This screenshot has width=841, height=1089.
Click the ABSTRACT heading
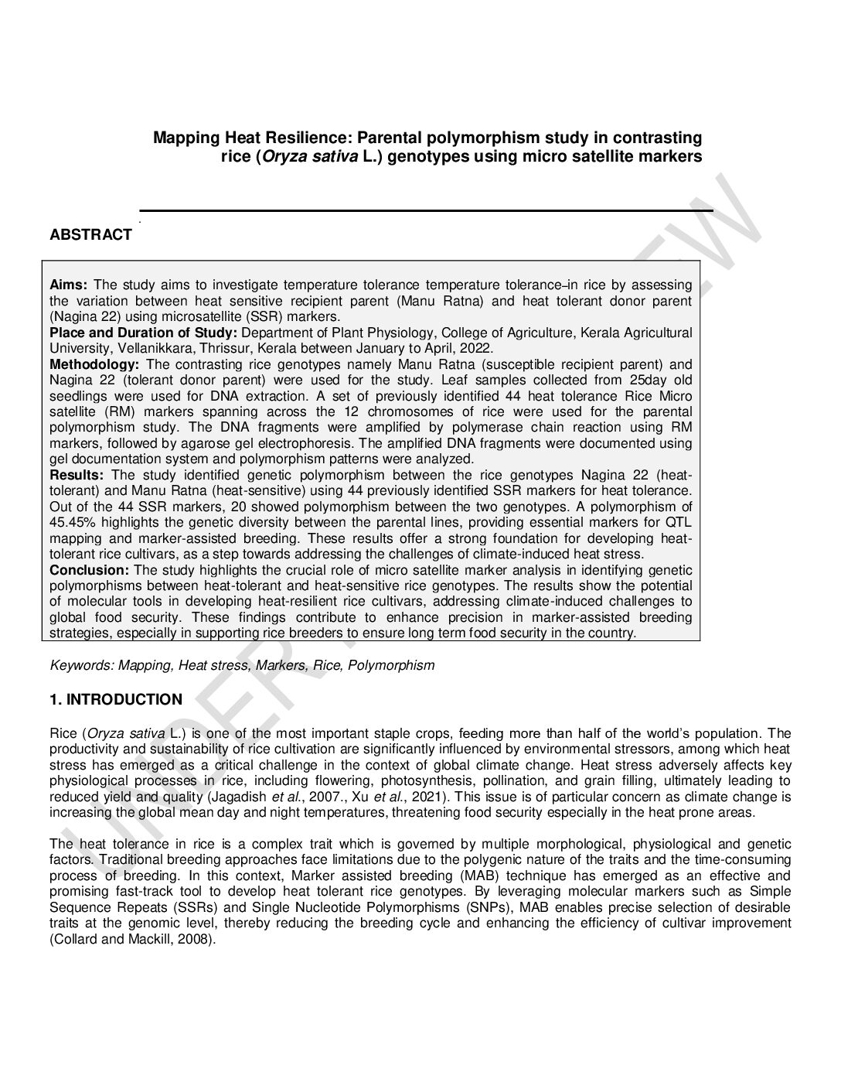click(x=90, y=235)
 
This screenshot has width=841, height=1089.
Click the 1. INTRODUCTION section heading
click(x=116, y=700)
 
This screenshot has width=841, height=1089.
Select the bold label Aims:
click(x=69, y=285)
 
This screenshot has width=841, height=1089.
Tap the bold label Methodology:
click(x=94, y=364)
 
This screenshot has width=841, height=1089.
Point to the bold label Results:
click(x=78, y=475)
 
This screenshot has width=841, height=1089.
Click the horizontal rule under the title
click(x=425, y=210)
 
